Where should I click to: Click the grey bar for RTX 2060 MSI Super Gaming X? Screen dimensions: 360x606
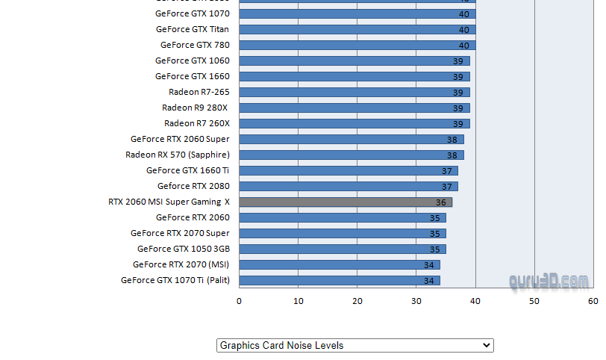(x=346, y=202)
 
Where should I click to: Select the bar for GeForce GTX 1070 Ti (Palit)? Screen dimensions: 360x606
(x=340, y=281)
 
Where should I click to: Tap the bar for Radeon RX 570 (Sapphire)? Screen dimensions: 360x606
(x=352, y=155)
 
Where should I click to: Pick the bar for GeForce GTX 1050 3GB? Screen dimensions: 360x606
(x=343, y=249)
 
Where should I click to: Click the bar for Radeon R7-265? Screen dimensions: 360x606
(x=354, y=93)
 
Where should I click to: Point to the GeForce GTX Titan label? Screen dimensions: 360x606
(x=193, y=30)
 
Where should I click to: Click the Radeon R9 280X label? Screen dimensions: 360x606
(x=196, y=108)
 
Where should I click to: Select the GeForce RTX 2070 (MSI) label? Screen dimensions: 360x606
(x=181, y=265)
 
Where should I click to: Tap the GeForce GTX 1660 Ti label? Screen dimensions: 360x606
(x=188, y=171)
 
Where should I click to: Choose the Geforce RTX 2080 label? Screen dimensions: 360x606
(x=193, y=187)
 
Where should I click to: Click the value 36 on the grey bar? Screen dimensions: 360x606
(x=441, y=202)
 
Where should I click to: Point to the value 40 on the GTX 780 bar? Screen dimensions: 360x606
(x=464, y=46)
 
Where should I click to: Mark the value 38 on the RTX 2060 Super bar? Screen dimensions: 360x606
(x=452, y=140)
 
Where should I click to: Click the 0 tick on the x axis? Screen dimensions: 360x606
(x=239, y=301)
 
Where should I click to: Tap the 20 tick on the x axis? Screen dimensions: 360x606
(x=357, y=301)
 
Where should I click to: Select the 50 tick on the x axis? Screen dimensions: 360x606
(x=534, y=301)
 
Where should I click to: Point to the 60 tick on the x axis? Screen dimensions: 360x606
(x=593, y=301)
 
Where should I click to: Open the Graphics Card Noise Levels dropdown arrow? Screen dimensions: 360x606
(x=487, y=345)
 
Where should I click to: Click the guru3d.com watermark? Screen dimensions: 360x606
(x=549, y=282)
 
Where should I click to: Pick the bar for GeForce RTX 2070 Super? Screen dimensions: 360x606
(x=343, y=234)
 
